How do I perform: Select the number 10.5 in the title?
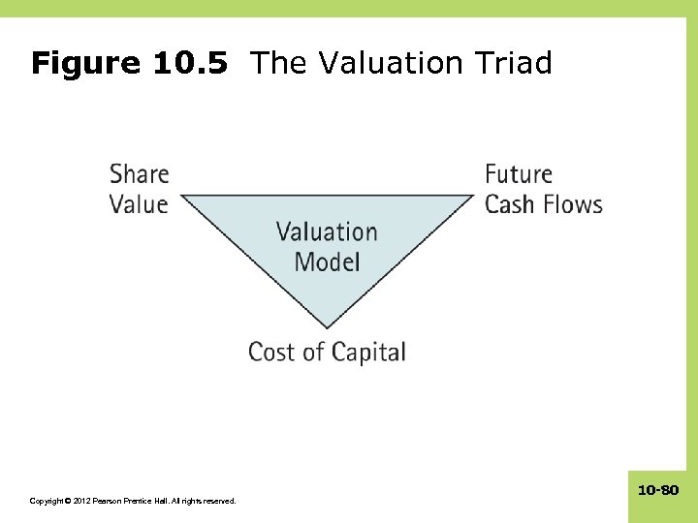[191, 64]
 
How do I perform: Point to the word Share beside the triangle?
[139, 174]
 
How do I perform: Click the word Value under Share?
[138, 204]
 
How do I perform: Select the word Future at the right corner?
[519, 174]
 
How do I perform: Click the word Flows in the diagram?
[574, 204]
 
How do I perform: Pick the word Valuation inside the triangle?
[327, 232]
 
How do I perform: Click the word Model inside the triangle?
[327, 261]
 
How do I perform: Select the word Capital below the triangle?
[368, 353]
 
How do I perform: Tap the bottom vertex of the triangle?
[327, 326]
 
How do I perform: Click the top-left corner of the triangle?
[184, 197]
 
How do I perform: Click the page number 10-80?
[658, 491]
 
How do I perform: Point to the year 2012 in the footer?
[78, 501]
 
